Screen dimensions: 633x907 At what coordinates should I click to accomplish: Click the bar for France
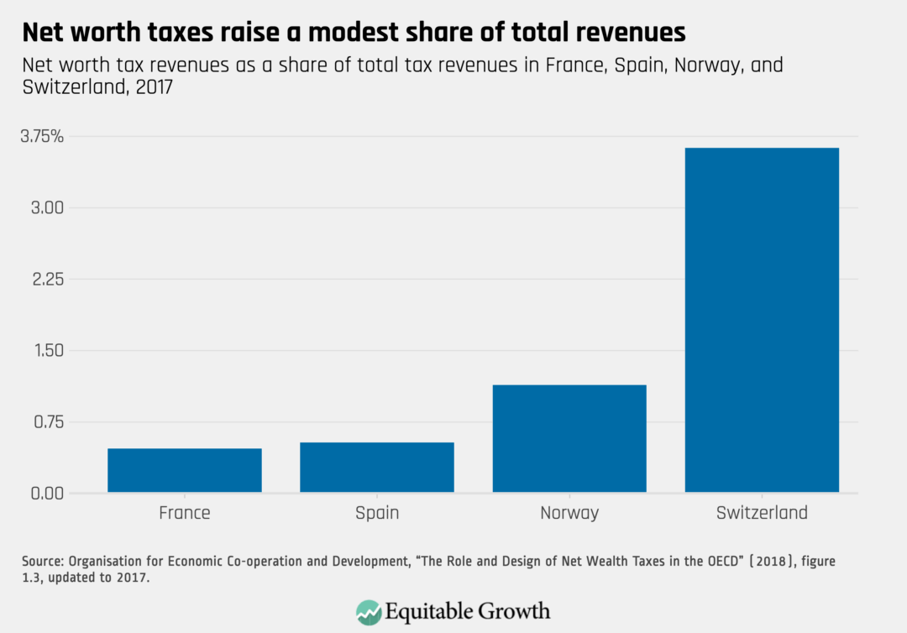(x=185, y=470)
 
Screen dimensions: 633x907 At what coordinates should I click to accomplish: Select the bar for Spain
(x=377, y=467)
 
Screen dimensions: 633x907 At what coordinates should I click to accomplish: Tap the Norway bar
(x=569, y=438)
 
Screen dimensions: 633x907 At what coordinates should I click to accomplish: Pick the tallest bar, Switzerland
(x=762, y=320)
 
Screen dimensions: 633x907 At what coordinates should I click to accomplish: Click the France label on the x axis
(x=185, y=513)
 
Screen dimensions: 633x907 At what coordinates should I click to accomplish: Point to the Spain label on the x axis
(x=377, y=513)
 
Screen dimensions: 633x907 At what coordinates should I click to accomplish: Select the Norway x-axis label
(x=569, y=513)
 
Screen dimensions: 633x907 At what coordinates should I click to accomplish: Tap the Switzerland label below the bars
(x=762, y=513)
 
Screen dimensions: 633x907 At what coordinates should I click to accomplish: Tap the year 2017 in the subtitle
(x=152, y=87)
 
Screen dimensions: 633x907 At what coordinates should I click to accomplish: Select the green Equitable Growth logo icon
(x=369, y=610)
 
